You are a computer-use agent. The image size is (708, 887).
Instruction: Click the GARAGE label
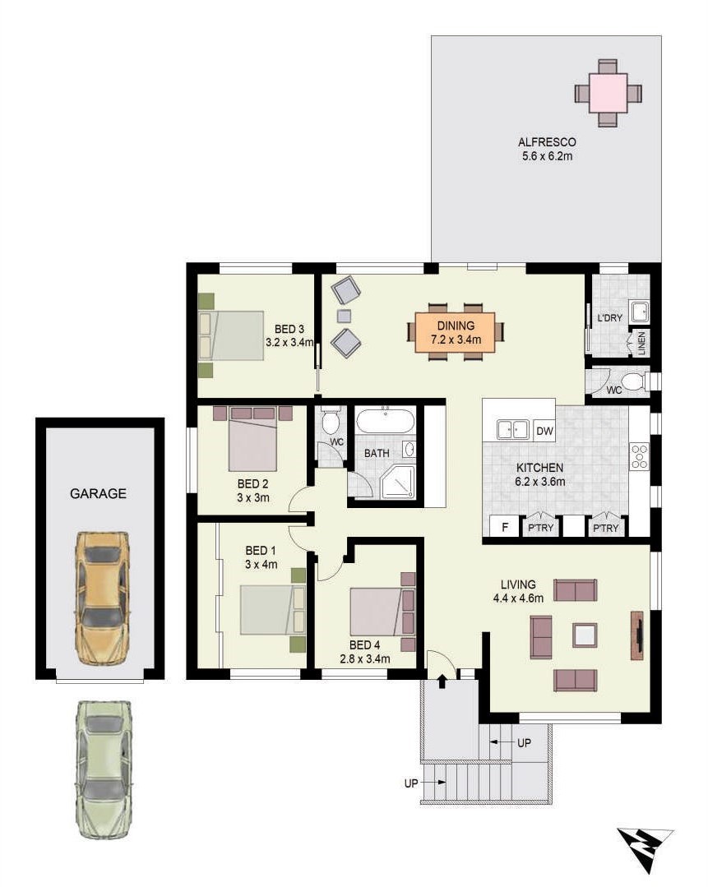coord(98,493)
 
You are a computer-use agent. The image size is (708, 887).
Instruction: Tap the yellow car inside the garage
coord(101,598)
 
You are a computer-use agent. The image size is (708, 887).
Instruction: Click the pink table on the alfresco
coord(608,93)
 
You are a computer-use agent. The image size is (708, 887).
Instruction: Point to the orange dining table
coord(455,333)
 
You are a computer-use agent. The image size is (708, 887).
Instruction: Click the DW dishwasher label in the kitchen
coord(544,431)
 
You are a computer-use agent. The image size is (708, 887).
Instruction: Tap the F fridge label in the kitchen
coord(505,527)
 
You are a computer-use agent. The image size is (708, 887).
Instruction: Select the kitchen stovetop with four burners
coord(640,457)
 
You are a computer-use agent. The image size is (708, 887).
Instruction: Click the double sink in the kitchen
coord(512,430)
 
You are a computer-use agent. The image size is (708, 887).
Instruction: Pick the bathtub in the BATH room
coord(385,421)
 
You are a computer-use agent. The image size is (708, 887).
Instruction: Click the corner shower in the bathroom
coord(398,482)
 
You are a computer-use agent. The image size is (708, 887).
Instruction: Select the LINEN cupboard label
coord(641,344)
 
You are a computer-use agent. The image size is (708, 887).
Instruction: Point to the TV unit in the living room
coord(637,635)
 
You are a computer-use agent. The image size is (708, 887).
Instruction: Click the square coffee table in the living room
coord(585,635)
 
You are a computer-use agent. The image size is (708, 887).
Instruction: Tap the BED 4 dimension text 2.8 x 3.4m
coord(364,658)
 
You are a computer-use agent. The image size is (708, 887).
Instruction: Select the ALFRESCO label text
coord(547,142)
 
